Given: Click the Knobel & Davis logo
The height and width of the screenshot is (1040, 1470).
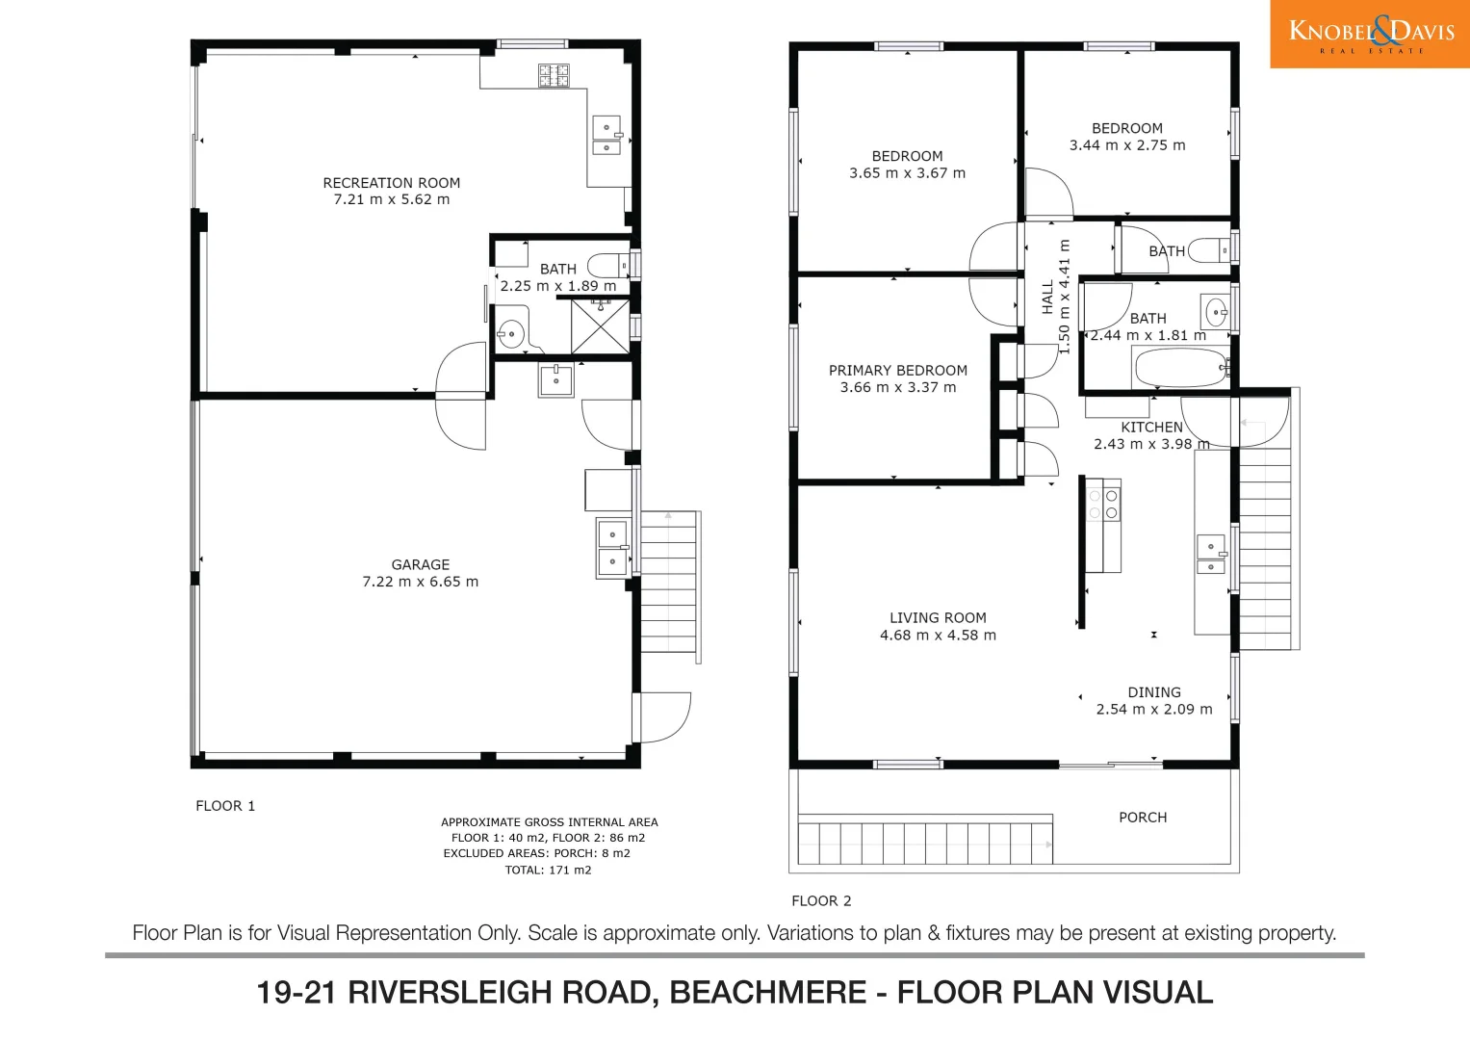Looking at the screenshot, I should [x=1370, y=34].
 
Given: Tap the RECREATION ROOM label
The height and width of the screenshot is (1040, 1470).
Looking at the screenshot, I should [x=391, y=183].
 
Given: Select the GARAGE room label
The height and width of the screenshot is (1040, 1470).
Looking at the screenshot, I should [x=420, y=565].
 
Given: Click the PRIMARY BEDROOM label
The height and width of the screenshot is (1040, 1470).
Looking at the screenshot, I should [x=897, y=371].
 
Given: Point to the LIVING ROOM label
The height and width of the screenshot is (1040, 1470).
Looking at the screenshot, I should [x=937, y=618].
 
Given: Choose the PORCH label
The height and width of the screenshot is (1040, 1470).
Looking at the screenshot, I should [x=1142, y=818].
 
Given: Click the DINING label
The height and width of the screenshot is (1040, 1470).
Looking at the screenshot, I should [x=1153, y=692].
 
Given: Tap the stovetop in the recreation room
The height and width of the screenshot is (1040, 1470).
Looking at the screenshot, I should [x=554, y=75].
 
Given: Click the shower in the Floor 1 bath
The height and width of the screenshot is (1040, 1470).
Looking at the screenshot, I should [x=600, y=326].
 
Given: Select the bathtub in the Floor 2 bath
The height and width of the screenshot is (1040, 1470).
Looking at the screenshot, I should [x=1180, y=368].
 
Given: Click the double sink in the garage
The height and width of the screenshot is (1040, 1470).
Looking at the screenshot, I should [x=612, y=548].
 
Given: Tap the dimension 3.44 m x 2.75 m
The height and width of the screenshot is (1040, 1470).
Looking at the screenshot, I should [x=1126, y=145].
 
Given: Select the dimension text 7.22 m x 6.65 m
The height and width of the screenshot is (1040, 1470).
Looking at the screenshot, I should [x=420, y=582].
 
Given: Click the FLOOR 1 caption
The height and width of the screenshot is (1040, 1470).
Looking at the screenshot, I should [x=225, y=806].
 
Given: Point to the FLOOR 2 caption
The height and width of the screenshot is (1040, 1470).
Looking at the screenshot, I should [x=821, y=901].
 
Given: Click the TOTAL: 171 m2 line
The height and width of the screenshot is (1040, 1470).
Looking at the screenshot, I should [x=548, y=870].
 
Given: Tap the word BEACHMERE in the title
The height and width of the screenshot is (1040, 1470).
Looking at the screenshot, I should [x=767, y=993].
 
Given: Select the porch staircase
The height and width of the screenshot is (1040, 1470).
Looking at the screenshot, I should [x=924, y=840].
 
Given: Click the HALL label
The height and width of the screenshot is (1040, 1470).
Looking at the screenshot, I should [x=1047, y=297].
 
